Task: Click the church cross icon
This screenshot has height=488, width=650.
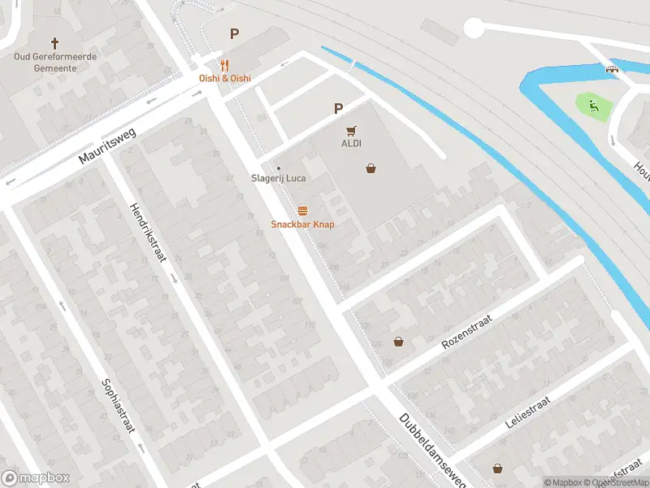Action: point(55,42)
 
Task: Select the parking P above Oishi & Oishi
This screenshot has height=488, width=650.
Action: point(235,34)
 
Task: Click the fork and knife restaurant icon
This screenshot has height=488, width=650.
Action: point(225,65)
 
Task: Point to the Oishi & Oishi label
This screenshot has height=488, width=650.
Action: point(225,78)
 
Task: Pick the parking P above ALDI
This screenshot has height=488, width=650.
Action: point(339,108)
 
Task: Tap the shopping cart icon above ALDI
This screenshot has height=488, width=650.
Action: point(351,130)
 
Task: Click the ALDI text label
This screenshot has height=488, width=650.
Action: point(351,144)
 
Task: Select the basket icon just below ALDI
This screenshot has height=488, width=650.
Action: point(370,168)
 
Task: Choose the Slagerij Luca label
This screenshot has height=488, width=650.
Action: point(278,179)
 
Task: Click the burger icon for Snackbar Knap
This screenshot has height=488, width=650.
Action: point(302,211)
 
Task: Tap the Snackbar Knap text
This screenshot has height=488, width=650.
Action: point(302,224)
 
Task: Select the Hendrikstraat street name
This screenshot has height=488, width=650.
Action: point(147,232)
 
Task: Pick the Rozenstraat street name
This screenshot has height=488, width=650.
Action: point(467,333)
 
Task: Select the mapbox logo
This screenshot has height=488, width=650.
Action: point(36,478)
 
